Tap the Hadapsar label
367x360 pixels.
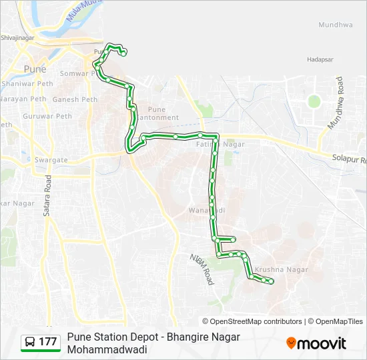(x=320, y=59)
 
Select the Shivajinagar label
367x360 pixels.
(x=17, y=39)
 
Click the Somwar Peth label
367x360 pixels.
(x=79, y=73)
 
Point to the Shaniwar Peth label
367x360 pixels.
(x=27, y=84)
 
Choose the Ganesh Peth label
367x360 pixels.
(x=75, y=99)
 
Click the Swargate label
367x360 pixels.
(x=51, y=160)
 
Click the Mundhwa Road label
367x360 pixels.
(x=334, y=103)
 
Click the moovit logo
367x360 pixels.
(x=316, y=343)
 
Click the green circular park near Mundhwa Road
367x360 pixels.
(x=314, y=101)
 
